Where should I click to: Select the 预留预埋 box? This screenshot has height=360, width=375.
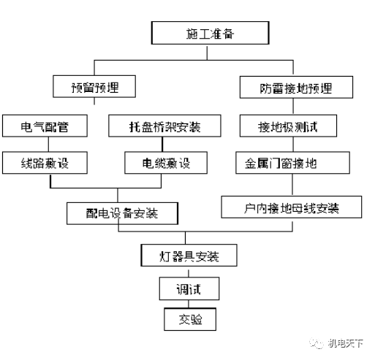[95, 88]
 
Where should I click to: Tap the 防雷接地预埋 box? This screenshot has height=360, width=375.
[287, 88]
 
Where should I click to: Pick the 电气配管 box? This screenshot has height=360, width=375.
[45, 126]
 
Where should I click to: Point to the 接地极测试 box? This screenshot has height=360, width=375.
[287, 126]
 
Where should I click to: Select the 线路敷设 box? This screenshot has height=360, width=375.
[45, 162]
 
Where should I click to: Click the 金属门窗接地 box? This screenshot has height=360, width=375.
[287, 162]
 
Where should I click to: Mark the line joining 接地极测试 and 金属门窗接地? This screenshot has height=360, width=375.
[287, 144]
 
